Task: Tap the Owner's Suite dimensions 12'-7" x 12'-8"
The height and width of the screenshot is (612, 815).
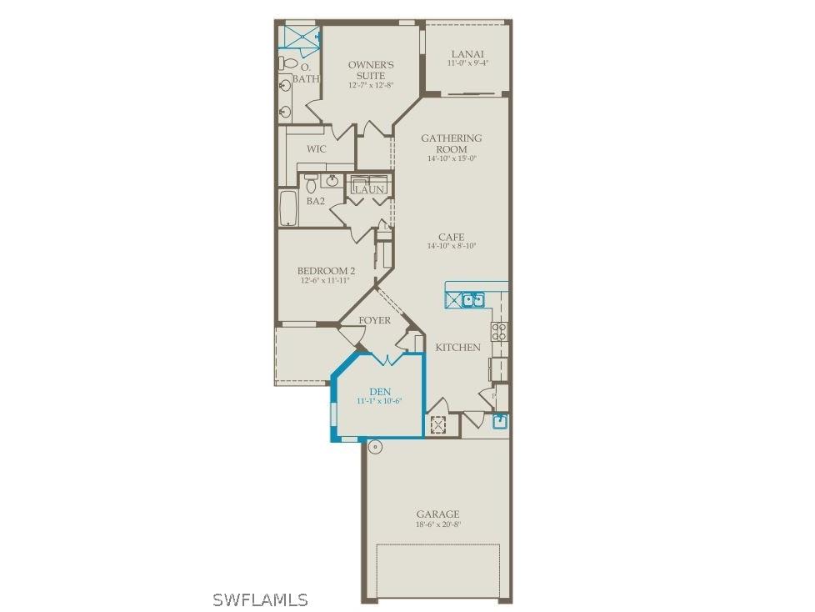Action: coord(371,85)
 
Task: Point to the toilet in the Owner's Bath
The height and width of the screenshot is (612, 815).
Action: coord(286,63)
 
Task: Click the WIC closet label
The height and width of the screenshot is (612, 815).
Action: coord(316,149)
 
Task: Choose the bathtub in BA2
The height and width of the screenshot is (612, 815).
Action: coord(287,208)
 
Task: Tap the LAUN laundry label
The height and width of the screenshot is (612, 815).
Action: coord(369,190)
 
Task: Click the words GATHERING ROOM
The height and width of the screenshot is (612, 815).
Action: coord(451,143)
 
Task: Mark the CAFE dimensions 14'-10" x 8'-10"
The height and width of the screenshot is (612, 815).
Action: coord(451,246)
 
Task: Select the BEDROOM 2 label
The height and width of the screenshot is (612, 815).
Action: coord(327,271)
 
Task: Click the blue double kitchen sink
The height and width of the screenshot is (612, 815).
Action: coord(473,298)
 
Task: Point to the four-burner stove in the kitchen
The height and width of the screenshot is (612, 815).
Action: coord(498,331)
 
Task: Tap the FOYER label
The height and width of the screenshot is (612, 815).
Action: coord(374,320)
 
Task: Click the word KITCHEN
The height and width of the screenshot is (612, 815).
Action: coord(457,347)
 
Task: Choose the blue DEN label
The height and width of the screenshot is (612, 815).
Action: coord(379,391)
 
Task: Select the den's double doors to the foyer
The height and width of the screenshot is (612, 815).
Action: coord(386,359)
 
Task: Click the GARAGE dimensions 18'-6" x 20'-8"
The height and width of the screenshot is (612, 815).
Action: coord(437,524)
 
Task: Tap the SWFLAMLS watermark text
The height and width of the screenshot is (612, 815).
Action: coord(260,599)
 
